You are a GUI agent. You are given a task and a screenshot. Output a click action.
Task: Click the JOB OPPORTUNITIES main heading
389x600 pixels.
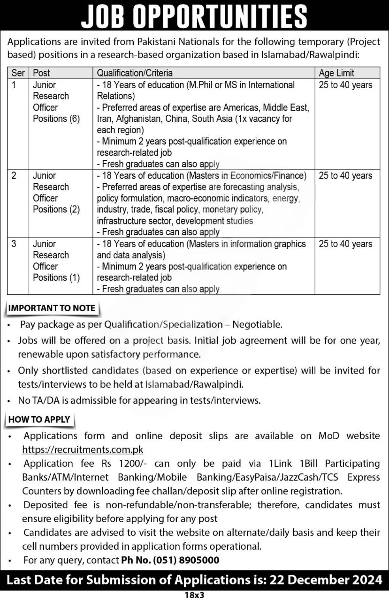(194, 17)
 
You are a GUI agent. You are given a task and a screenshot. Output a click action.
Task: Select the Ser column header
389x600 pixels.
(17, 73)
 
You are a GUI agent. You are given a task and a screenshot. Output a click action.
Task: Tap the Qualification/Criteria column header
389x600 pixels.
(135, 73)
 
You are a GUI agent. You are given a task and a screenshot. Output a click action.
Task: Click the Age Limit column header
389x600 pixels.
(336, 73)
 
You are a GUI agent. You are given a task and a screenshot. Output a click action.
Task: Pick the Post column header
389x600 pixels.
(42, 73)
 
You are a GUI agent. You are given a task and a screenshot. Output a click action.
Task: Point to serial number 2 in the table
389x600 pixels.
(14, 176)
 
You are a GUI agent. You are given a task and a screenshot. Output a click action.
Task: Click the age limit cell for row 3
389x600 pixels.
(345, 244)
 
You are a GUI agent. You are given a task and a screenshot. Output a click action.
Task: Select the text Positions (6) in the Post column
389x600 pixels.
(56, 119)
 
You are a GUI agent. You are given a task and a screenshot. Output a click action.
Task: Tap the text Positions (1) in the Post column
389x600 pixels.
(56, 277)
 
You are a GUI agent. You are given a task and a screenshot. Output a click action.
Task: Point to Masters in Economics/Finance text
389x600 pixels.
(247, 176)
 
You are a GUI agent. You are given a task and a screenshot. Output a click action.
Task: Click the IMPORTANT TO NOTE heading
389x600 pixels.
(52, 308)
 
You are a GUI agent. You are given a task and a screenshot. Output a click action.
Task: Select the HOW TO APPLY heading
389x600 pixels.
(39, 420)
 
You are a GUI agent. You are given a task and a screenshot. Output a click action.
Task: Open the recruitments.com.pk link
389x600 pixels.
(83, 450)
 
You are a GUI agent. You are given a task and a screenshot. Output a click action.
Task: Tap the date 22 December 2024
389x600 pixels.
(326, 580)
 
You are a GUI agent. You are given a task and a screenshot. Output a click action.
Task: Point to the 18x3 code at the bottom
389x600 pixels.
(194, 595)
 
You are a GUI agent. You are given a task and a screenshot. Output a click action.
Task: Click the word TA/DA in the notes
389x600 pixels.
(46, 400)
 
